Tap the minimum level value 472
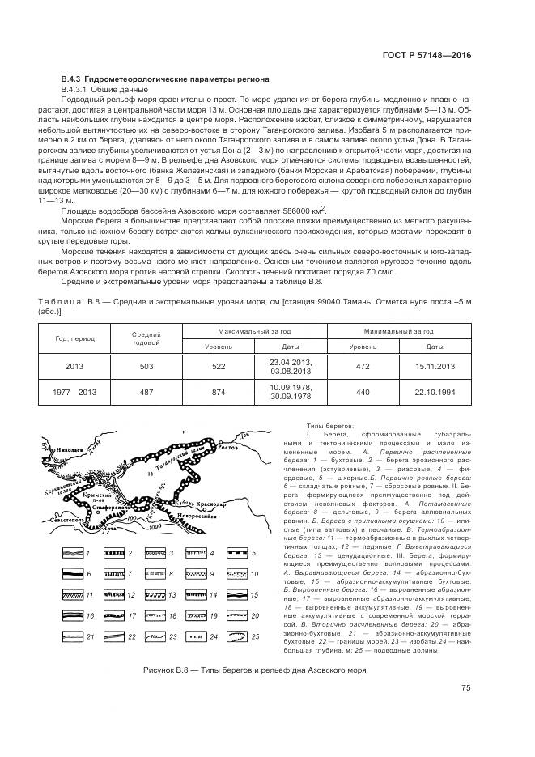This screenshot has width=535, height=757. click(363, 367)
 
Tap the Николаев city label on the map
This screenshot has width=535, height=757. click(70, 446)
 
